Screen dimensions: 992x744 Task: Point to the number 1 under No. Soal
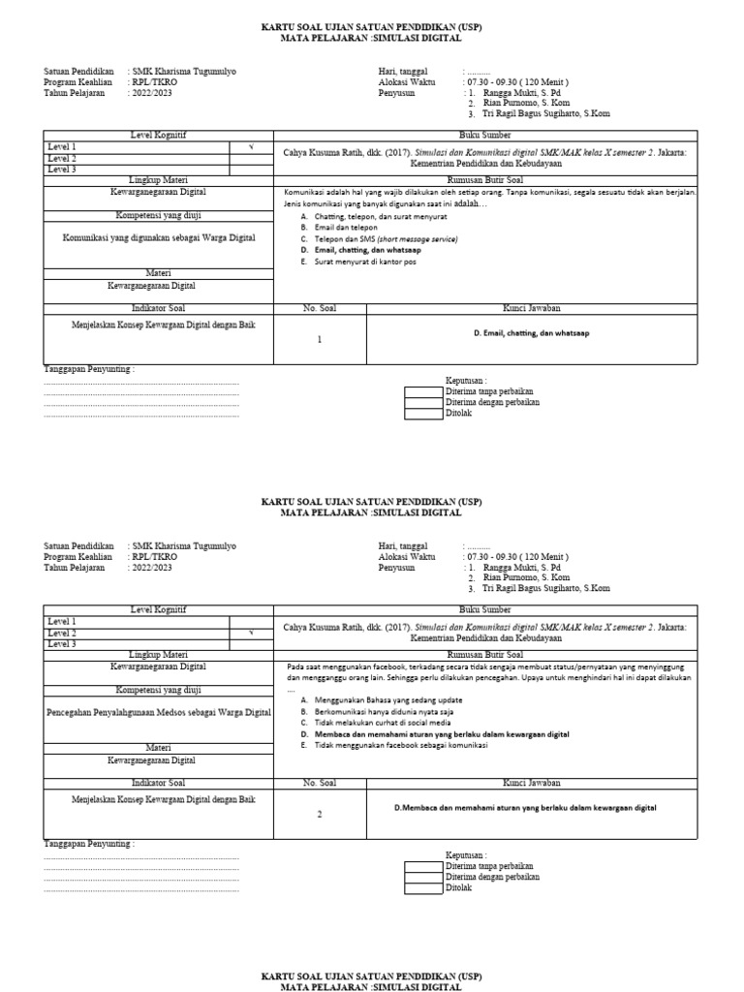coord(319,340)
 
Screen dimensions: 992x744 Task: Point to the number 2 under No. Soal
coord(319,814)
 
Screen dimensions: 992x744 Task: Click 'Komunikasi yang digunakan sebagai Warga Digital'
coord(159,237)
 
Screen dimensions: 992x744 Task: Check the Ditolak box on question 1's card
coord(422,414)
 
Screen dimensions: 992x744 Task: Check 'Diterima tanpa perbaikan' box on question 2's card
coord(422,865)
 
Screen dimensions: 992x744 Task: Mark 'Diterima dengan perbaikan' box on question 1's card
coord(422,402)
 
